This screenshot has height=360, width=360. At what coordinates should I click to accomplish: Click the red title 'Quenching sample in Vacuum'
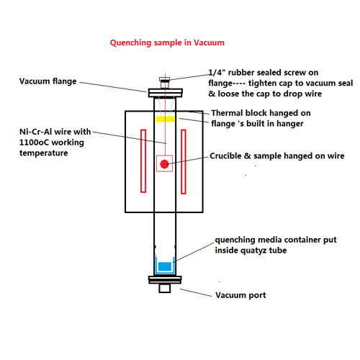(x=167, y=42)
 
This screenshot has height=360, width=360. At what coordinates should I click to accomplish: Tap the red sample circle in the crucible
(x=164, y=164)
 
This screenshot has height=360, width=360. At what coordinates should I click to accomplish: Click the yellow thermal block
(x=165, y=119)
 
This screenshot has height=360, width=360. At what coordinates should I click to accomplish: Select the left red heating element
(x=143, y=161)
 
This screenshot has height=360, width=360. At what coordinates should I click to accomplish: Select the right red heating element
(x=184, y=161)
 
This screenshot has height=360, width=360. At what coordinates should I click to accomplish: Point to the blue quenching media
(x=165, y=266)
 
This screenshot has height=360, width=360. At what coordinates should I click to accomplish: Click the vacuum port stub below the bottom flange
(x=165, y=288)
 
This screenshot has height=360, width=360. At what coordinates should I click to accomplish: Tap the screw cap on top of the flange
(x=165, y=79)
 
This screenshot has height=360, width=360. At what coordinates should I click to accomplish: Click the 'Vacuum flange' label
(x=48, y=81)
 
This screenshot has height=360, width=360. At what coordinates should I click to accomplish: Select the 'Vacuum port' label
(x=240, y=295)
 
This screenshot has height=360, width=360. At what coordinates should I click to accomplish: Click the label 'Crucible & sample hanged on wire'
(x=277, y=156)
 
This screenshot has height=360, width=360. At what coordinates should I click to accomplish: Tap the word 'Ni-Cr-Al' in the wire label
(x=35, y=132)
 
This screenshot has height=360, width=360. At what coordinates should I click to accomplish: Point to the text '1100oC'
(x=34, y=143)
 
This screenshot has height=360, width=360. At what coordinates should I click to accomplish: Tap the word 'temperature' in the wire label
(x=43, y=153)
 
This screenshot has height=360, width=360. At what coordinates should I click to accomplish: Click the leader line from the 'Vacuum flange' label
(x=113, y=87)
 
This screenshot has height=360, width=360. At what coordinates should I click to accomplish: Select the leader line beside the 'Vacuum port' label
(x=196, y=293)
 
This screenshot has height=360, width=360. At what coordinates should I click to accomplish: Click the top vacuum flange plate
(x=166, y=93)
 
